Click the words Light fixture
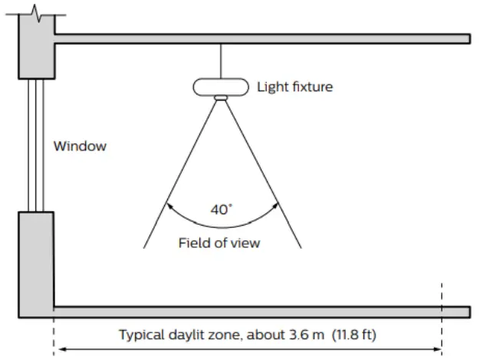click(295, 87)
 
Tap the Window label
click(80, 147)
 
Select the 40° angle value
click(220, 209)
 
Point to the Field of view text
click(219, 243)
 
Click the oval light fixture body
click(221, 86)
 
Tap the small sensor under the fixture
click(221, 98)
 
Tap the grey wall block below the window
click(35, 261)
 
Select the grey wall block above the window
click(35, 50)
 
